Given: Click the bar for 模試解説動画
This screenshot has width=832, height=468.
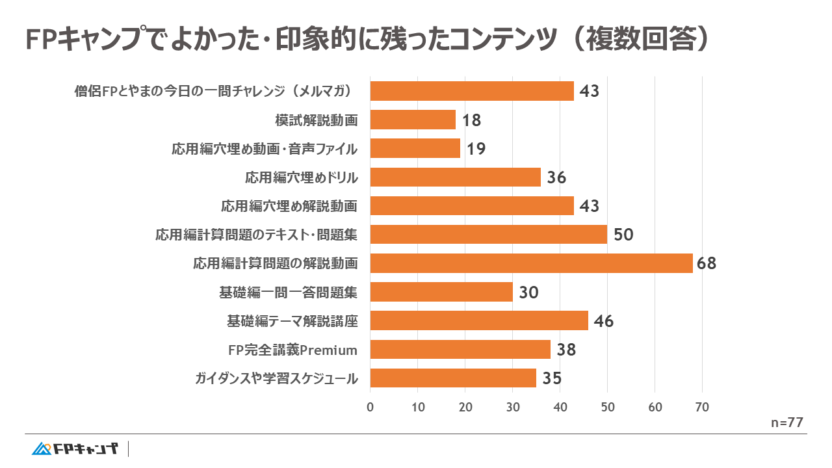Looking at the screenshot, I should pyautogui.click(x=413, y=120).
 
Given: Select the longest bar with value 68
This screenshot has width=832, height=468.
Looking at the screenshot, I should pyautogui.click(x=531, y=263).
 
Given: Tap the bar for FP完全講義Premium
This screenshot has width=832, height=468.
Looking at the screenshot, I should pyautogui.click(x=460, y=350).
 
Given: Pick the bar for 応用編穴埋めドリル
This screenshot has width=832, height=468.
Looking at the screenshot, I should pyautogui.click(x=455, y=177).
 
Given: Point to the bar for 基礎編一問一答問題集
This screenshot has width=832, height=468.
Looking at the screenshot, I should pyautogui.click(x=441, y=292).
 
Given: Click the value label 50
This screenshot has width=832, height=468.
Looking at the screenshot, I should pyautogui.click(x=623, y=235).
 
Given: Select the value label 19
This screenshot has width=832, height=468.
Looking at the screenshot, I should pyautogui.click(x=476, y=149).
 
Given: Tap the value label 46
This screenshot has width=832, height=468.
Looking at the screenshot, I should pyautogui.click(x=604, y=321).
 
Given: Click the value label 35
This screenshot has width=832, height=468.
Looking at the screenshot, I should pyautogui.click(x=552, y=378).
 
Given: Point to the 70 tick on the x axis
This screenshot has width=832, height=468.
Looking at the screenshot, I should pyautogui.click(x=702, y=408).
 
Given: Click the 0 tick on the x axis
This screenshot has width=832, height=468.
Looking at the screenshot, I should pyautogui.click(x=370, y=408).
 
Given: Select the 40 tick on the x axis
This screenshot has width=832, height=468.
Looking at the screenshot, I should pyautogui.click(x=560, y=408).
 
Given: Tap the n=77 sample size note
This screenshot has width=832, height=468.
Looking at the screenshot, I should pyautogui.click(x=787, y=422).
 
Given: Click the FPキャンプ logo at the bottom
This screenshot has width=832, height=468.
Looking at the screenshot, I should pyautogui.click(x=75, y=448).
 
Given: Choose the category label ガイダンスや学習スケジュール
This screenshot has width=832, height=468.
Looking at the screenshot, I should pyautogui.click(x=276, y=378).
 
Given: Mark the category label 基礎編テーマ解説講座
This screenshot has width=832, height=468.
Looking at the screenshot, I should pyautogui.click(x=292, y=321).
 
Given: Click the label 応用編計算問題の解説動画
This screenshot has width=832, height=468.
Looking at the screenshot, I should pyautogui.click(x=276, y=263).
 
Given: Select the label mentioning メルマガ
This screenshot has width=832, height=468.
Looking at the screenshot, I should pyautogui.click(x=217, y=91).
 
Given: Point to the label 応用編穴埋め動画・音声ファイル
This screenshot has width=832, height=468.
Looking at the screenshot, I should pyautogui.click(x=265, y=149).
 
